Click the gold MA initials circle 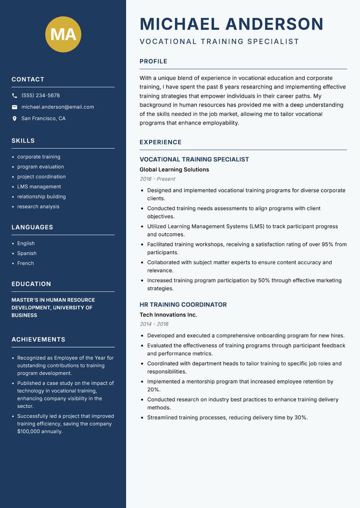click(x=63, y=34)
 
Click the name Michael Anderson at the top click(x=231, y=24)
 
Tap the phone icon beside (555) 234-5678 click(x=14, y=96)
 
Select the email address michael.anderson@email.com click(x=58, y=107)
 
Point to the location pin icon click(x=14, y=119)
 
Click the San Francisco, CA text click(x=43, y=119)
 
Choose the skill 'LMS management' click(x=39, y=187)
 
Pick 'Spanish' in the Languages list click(x=27, y=253)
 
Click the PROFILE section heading click(x=153, y=62)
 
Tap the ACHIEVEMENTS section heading click(x=38, y=339)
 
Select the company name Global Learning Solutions click(x=174, y=169)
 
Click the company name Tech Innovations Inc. click(x=168, y=315)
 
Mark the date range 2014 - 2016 click(x=154, y=324)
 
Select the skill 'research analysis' click(x=38, y=206)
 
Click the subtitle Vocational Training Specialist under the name click(x=219, y=41)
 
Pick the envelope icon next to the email click(x=14, y=107)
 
